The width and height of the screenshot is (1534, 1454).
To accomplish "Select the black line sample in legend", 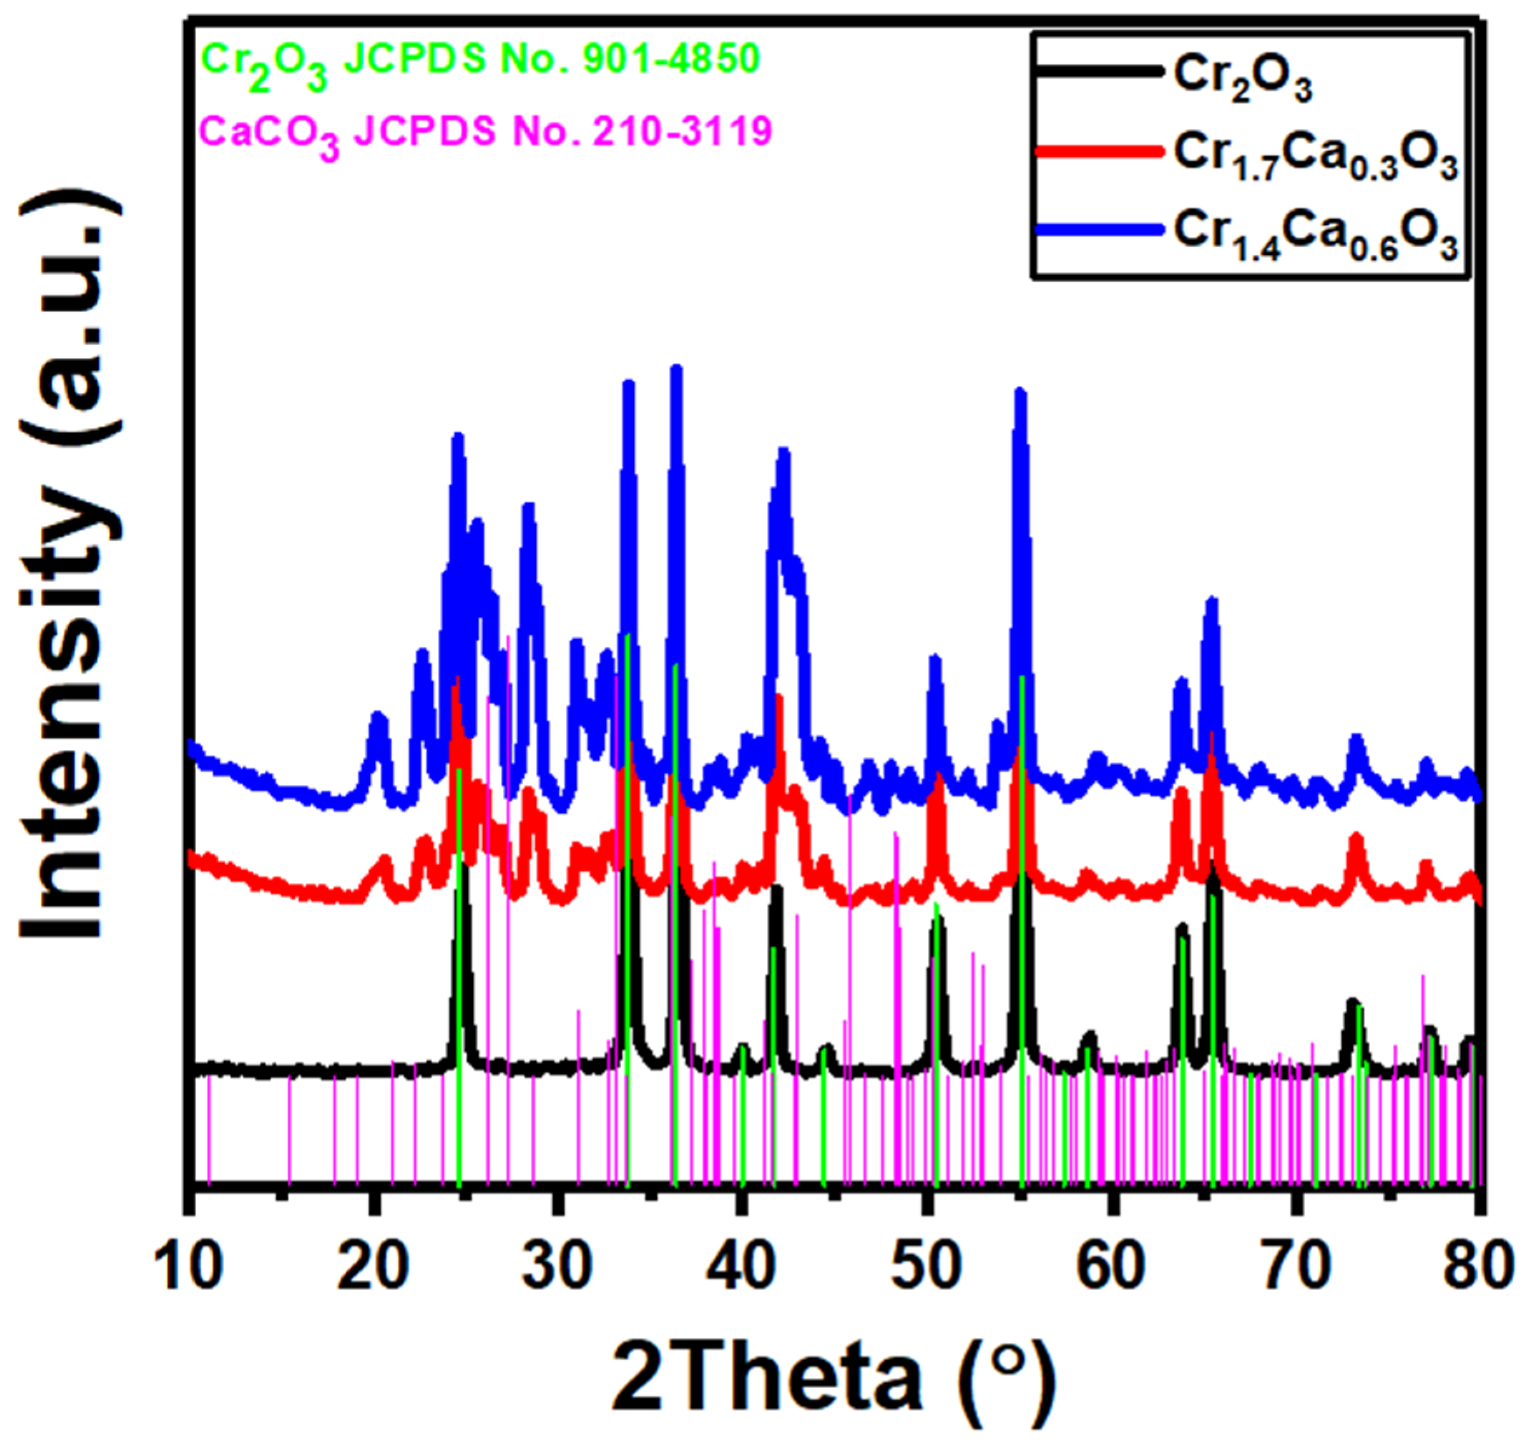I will tap(1099, 71).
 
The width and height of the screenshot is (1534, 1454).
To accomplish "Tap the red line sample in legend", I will tap(1099, 152).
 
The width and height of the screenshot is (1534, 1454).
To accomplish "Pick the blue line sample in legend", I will tap(1099, 229).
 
